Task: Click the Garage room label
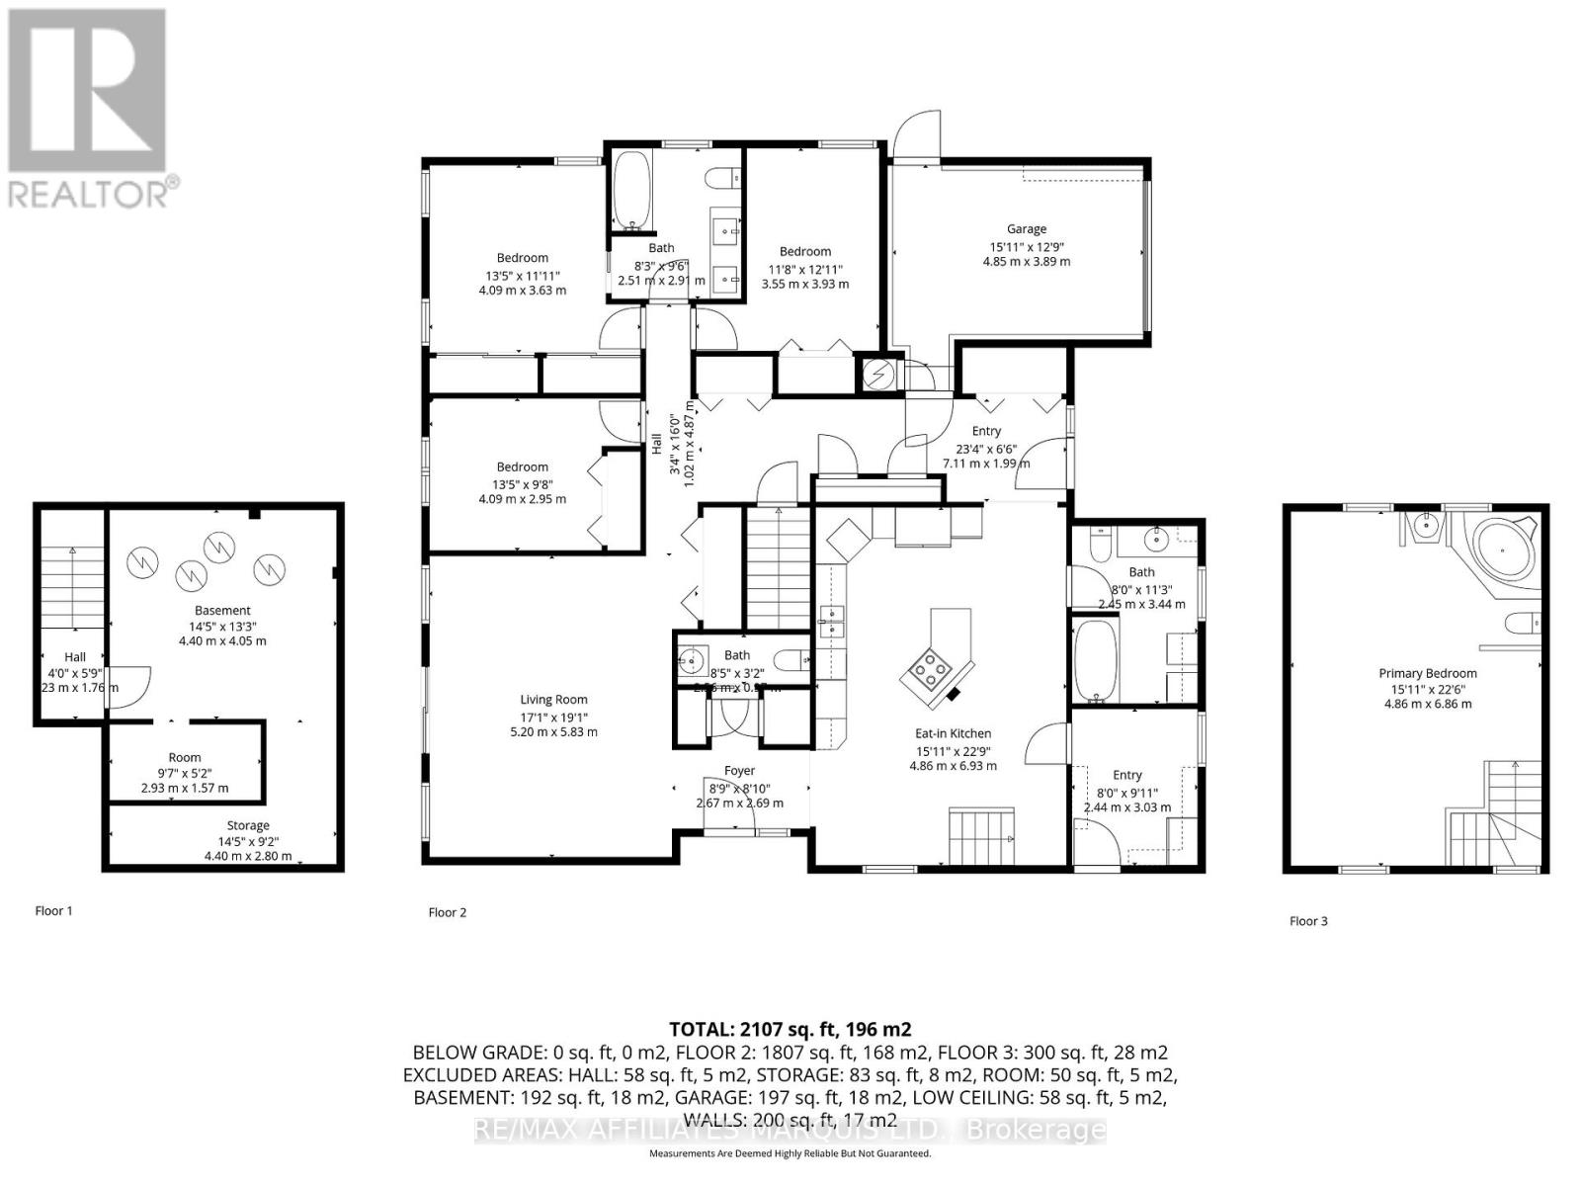click(1026, 229)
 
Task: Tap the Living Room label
click(553, 700)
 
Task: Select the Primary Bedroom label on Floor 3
click(1427, 674)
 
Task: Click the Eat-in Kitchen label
click(953, 733)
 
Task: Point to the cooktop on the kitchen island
click(928, 674)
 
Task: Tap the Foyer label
click(739, 771)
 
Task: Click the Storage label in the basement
click(247, 825)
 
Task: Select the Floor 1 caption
click(53, 911)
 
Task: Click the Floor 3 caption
click(1308, 921)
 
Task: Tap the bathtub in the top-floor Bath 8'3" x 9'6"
click(629, 190)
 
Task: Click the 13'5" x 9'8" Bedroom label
click(522, 467)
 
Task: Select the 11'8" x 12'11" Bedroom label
click(804, 252)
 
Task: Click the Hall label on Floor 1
click(75, 657)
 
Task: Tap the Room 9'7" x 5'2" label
click(184, 758)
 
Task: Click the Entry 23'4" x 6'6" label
click(986, 431)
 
